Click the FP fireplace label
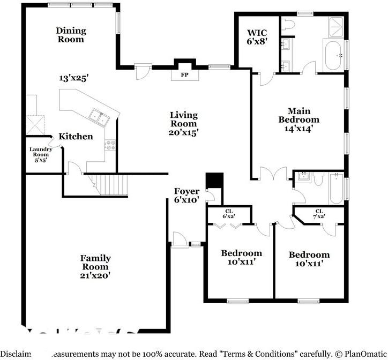coord(184,74)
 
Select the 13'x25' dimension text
coord(73,78)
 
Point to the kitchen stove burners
coord(111,144)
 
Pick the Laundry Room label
coord(41,154)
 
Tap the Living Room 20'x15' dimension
coord(184,132)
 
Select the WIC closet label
coord(257,36)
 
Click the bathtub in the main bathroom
coord(333,55)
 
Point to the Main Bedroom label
coord(299,119)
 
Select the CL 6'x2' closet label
coord(229,214)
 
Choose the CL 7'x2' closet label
coord(319,214)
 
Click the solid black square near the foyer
coord(214,179)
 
